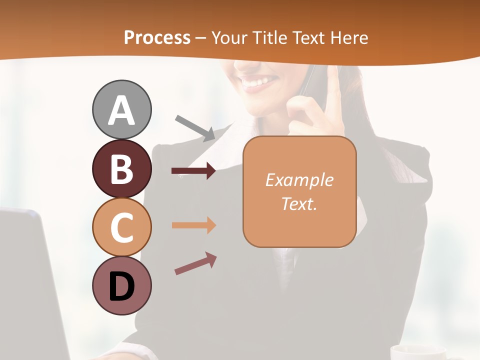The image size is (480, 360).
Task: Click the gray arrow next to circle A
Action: pyautogui.click(x=195, y=128)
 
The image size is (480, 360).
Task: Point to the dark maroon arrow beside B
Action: pyautogui.click(x=194, y=171)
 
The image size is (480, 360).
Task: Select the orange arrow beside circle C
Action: pyautogui.click(x=194, y=225)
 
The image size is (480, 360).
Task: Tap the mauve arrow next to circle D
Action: pyautogui.click(x=195, y=263)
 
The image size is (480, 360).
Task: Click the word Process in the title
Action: pyautogui.click(x=157, y=38)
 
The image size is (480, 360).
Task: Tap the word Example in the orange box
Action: pyautogui.click(x=299, y=180)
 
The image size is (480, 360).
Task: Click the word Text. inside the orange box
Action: pyautogui.click(x=299, y=203)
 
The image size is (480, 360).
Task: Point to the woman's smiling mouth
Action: pyautogui.click(x=260, y=82)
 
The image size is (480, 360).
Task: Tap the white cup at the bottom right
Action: pyautogui.click(x=417, y=352)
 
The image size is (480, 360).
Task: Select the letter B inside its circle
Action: pyautogui.click(x=121, y=169)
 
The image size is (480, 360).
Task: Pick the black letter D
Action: pyautogui.click(x=121, y=287)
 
